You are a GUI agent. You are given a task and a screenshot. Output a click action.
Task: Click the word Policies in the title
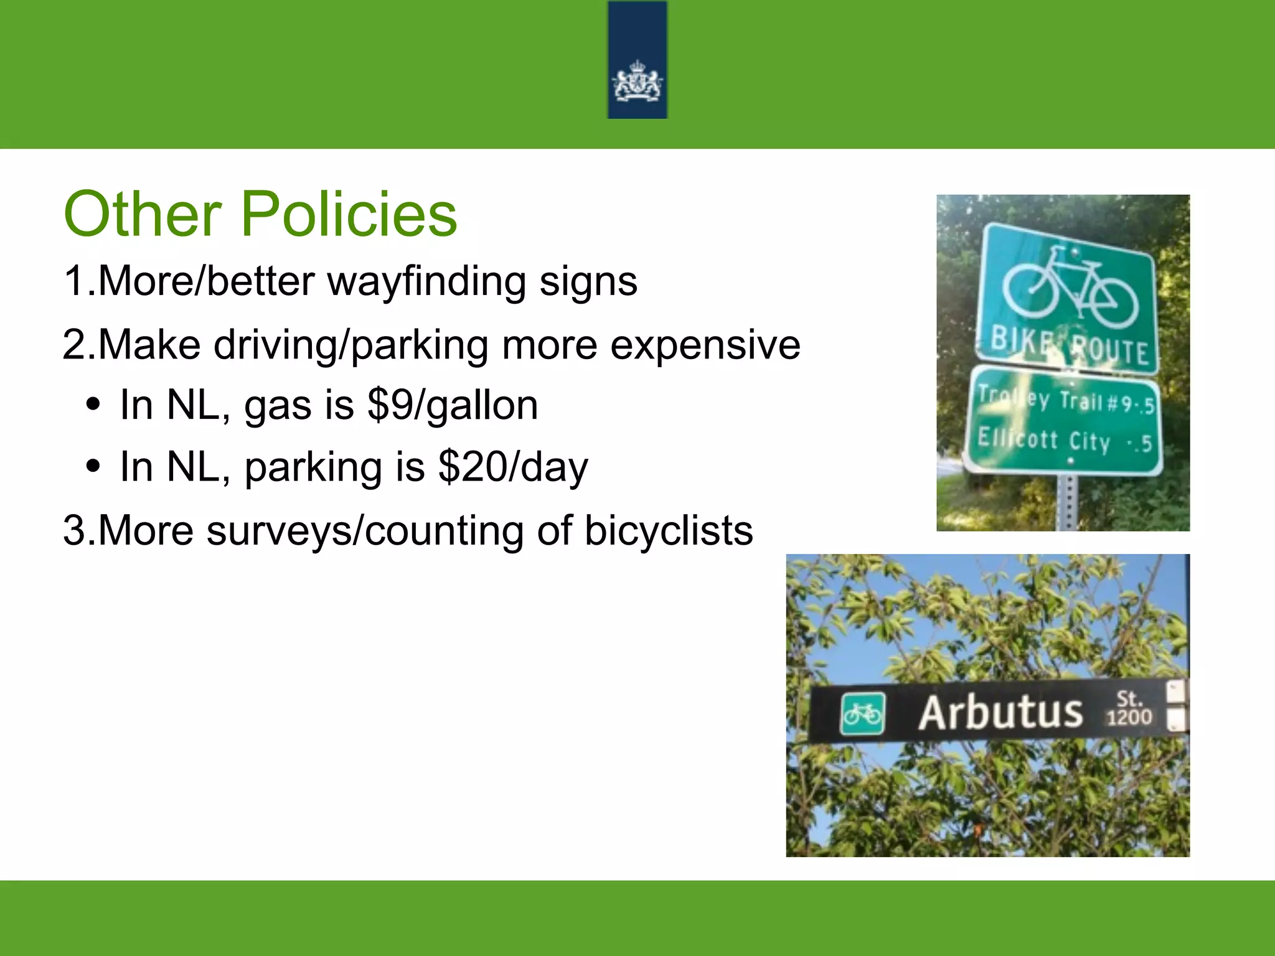click(x=349, y=214)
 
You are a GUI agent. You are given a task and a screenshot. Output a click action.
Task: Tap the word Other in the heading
click(x=143, y=214)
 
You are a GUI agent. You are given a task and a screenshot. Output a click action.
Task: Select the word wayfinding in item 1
click(x=426, y=282)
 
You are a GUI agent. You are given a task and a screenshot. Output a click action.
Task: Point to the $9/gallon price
click(x=453, y=405)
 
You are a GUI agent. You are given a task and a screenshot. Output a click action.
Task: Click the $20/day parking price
click(x=513, y=467)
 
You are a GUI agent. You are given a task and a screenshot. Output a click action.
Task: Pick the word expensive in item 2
click(x=705, y=345)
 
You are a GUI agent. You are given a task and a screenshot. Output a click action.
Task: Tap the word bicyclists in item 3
click(x=669, y=531)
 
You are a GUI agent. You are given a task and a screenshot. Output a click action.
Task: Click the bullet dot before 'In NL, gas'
click(x=93, y=405)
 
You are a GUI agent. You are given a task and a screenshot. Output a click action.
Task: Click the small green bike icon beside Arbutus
click(x=862, y=713)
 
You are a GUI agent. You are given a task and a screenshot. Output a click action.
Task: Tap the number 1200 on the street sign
click(x=1129, y=718)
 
